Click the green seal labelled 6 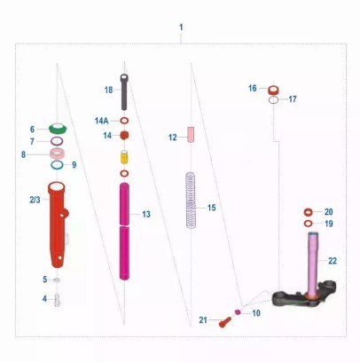58,130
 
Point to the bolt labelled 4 58,300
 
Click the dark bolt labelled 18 124,92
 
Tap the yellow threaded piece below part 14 124,157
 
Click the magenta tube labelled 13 124,232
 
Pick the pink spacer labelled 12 191,135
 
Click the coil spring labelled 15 191,201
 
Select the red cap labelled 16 274,90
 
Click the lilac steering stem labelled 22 313,264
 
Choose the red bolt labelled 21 225,322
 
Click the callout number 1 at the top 181,28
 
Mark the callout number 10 256,313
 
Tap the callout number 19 329,224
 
